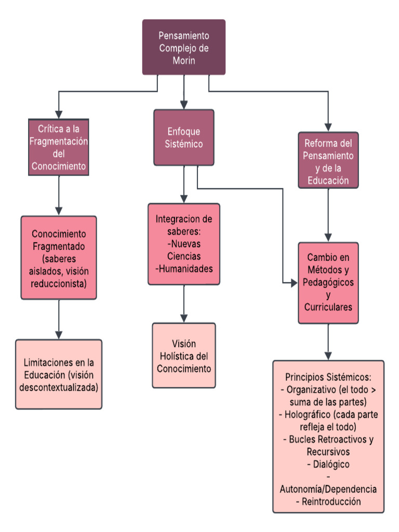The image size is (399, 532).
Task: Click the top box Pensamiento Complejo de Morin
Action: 184,47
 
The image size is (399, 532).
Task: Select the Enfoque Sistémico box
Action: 183,137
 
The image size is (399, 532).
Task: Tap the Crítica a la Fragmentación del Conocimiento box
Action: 59,147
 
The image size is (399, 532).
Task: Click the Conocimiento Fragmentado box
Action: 59,258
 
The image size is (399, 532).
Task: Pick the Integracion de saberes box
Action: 184,244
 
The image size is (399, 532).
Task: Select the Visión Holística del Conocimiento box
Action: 184,356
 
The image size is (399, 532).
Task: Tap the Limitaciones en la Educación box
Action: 59,374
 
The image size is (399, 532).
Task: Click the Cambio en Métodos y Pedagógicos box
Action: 328,282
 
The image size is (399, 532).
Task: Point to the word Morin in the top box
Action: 184,60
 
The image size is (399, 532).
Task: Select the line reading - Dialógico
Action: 328,464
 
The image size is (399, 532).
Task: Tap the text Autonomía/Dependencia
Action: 328,489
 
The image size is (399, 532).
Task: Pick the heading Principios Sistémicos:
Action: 328,377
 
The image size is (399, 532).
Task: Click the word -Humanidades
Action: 184,269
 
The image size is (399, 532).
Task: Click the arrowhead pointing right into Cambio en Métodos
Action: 292,283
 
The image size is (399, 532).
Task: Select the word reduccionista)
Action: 59,284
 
